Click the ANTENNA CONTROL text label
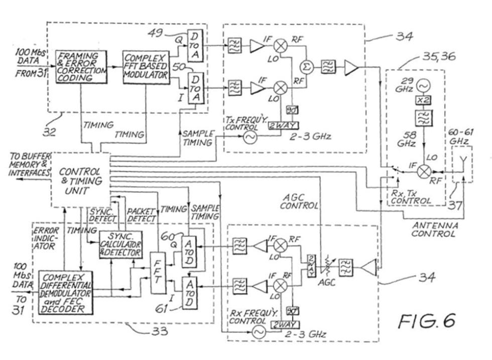click(x=435, y=229)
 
